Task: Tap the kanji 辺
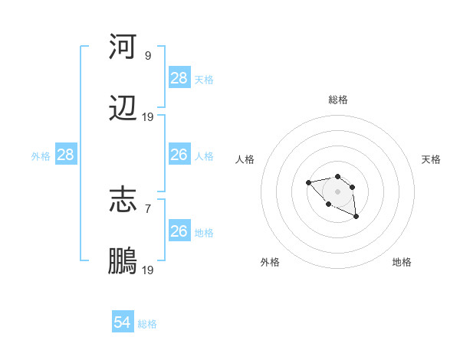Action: tap(123, 110)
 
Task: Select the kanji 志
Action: tap(123, 201)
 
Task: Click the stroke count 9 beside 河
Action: tap(148, 55)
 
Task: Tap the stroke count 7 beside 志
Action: tap(148, 208)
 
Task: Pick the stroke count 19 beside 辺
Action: tap(148, 116)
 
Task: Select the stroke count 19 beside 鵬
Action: tap(148, 270)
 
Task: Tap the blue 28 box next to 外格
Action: tap(66, 155)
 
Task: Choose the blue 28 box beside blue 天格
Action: tap(179, 78)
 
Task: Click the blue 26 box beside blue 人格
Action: tap(179, 155)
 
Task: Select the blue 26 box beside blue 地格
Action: tap(179, 231)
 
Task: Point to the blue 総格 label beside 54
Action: tap(147, 324)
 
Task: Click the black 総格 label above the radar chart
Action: tap(338, 100)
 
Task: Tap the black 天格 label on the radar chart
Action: tap(431, 159)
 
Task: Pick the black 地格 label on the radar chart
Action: tap(402, 262)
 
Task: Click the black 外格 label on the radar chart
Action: tap(270, 262)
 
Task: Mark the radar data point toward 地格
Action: tap(356, 217)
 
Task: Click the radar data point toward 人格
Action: tap(308, 182)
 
